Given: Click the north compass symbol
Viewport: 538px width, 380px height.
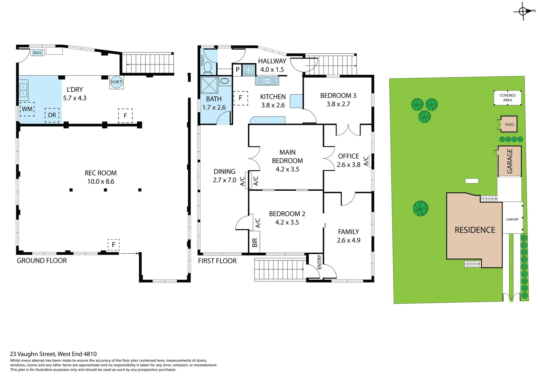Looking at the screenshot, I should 523,12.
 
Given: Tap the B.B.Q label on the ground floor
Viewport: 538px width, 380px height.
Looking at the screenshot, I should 37,53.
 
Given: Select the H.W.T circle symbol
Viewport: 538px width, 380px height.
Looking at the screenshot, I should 116,82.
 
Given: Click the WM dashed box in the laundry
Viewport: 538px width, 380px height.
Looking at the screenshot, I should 27,109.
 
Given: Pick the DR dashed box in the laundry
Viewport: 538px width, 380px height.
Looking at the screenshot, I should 52,115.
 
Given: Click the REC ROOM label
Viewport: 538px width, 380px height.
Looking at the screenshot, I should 100,173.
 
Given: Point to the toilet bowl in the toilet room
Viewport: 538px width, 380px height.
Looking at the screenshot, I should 207,67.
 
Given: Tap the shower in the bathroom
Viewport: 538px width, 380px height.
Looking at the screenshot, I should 209,85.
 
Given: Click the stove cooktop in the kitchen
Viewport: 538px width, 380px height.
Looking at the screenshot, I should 249,70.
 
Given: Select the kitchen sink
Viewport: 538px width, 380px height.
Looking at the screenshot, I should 267,81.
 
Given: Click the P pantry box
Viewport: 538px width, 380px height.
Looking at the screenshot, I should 237,70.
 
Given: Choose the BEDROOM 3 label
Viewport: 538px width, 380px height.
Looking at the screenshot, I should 338,96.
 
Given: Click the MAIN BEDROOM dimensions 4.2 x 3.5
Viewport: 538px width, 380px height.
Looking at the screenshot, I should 287,169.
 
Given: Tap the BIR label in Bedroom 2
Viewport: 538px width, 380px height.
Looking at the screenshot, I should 255,242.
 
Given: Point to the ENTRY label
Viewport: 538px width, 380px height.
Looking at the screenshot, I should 319,262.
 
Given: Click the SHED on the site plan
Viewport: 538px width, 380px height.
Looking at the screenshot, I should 509,124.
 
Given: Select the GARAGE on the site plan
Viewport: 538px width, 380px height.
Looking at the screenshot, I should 509,161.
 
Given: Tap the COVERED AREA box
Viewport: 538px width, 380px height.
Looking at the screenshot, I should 507,98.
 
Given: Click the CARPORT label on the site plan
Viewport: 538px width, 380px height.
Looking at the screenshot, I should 512,219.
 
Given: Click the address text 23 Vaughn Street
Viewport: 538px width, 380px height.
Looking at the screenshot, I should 53,354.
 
